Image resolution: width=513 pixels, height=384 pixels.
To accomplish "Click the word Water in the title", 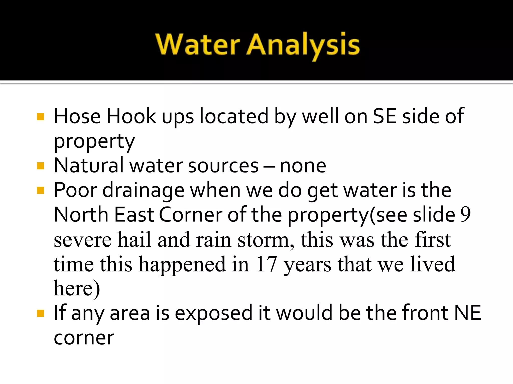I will pyautogui.click(x=198, y=44).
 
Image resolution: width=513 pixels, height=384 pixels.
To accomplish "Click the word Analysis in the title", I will pyautogui.click(x=303, y=45).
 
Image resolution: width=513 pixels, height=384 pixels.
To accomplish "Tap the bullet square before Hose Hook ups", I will pyautogui.click(x=40, y=117).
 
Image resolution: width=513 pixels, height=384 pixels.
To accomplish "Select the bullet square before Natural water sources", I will pyautogui.click(x=40, y=166).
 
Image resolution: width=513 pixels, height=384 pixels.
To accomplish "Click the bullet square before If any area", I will pyautogui.click(x=40, y=313).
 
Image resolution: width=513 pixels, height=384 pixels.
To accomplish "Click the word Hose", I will pyautogui.click(x=77, y=116).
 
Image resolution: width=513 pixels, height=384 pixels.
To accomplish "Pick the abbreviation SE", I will pyautogui.click(x=384, y=116).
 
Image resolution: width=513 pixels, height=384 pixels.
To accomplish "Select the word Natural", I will pyautogui.click(x=89, y=165).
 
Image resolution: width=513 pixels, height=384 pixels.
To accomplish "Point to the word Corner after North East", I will pyautogui.click(x=191, y=215).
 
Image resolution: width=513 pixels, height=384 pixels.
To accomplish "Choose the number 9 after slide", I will pyautogui.click(x=465, y=215).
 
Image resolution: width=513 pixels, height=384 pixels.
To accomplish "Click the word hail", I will pyautogui.click(x=135, y=239).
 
